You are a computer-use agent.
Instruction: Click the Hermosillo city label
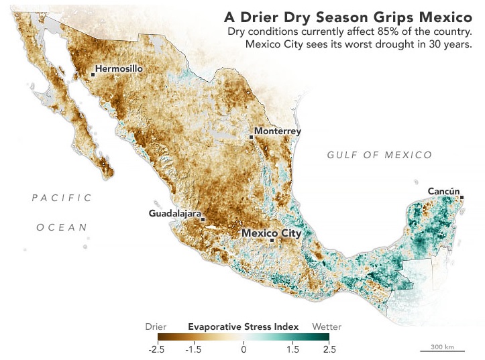coord(121,68)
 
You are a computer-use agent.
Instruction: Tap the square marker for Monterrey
coord(252,137)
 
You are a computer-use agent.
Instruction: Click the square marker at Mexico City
coord(272,240)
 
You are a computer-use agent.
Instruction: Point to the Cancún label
coord(444,192)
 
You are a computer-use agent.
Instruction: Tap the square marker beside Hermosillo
coord(93,74)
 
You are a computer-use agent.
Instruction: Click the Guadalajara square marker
coord(203,219)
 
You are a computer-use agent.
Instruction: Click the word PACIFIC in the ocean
coord(62,197)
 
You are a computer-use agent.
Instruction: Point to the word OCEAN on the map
coord(62,227)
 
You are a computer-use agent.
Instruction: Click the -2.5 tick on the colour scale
coord(156,349)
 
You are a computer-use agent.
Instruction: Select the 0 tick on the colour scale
coord(244,349)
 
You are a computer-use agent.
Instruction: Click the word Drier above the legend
coord(156,326)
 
